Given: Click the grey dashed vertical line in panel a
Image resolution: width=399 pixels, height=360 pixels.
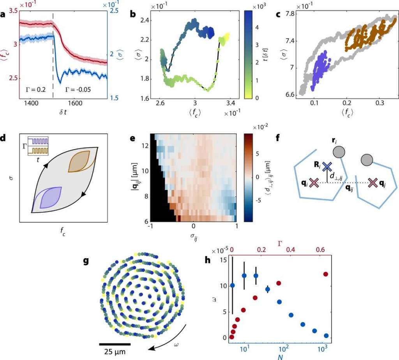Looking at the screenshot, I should tap(53, 59).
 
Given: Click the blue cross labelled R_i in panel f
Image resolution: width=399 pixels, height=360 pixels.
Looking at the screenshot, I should tap(327, 167).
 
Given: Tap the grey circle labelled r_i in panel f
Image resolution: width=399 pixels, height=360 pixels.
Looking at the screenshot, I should tap(339, 152).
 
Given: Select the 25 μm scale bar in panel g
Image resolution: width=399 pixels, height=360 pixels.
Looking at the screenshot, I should tap(115, 344).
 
